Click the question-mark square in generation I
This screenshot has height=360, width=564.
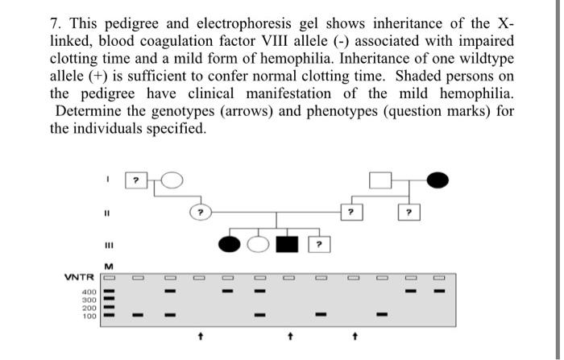coord(137,181)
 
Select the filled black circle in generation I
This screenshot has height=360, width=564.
coord(438,180)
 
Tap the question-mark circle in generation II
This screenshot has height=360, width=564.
coord(200,213)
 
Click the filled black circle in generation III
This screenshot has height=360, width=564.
coord(228,242)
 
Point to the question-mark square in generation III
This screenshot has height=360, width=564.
coord(319,242)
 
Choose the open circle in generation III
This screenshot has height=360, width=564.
coord(257,242)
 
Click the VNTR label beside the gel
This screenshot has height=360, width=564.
coord(81,278)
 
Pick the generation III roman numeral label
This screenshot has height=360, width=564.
coord(106,244)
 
